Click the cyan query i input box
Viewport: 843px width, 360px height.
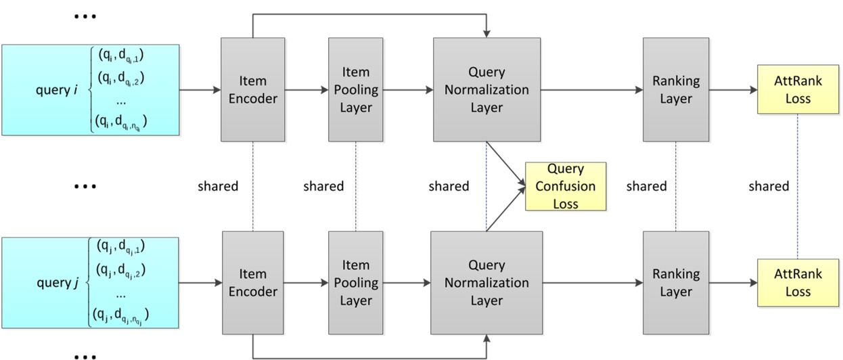coord(91,90)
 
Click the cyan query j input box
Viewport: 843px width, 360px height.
coord(91,283)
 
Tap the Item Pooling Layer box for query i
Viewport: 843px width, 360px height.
coord(356,89)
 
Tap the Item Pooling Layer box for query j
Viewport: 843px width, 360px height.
coord(356,283)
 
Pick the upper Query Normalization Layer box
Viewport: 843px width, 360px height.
coord(486,89)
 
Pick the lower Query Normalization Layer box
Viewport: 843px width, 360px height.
coord(486,283)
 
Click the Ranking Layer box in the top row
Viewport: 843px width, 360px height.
coord(676,89)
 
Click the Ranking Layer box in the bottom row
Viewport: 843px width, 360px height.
coord(676,283)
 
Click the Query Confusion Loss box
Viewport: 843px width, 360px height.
coord(566,186)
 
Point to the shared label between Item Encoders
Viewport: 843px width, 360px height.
coord(218,186)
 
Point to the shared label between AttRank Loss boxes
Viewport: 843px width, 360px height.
coord(769,186)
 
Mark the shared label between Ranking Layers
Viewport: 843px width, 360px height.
coord(646,186)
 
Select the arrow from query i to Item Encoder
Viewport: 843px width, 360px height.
coord(200,89)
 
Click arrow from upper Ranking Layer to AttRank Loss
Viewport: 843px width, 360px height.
coord(733,89)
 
